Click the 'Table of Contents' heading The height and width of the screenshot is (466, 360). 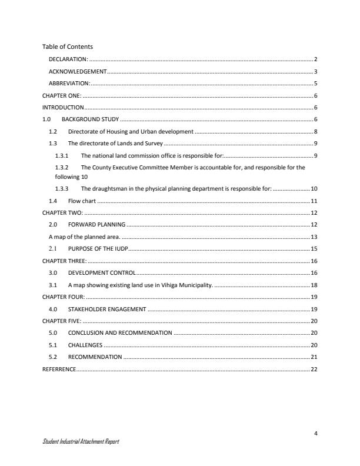click(x=68, y=46)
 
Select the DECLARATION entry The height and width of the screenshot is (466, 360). click(x=68, y=59)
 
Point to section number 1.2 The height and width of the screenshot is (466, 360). click(x=53, y=132)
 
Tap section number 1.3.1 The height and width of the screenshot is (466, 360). click(x=62, y=156)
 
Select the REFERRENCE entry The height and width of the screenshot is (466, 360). click(x=59, y=369)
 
